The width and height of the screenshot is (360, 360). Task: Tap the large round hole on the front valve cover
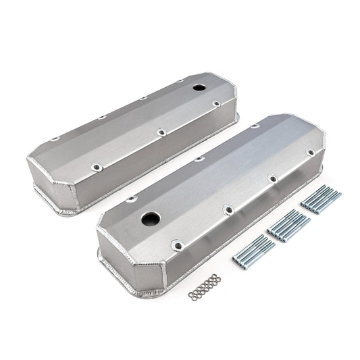pyautogui.click(x=150, y=219)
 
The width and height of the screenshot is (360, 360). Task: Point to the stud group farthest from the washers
pyautogui.click(x=319, y=200)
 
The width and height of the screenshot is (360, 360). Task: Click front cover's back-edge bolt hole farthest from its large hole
pyautogui.click(x=255, y=126)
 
